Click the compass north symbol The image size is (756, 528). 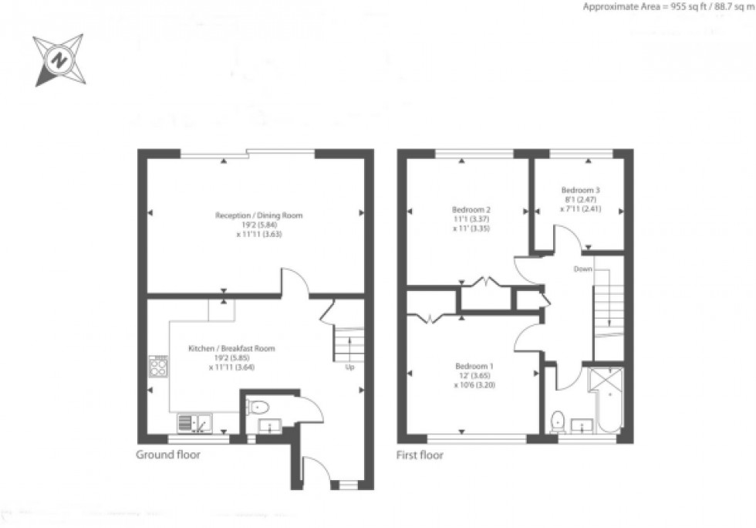pyautogui.click(x=59, y=59)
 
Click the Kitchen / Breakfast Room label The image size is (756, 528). pyautogui.click(x=231, y=349)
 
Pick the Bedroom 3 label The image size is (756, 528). pyautogui.click(x=580, y=190)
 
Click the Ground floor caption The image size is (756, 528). pyautogui.click(x=167, y=455)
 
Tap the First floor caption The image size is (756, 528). pyautogui.click(x=420, y=455)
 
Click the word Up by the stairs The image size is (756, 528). pyautogui.click(x=349, y=367)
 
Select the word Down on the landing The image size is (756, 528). pyautogui.click(x=583, y=269)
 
